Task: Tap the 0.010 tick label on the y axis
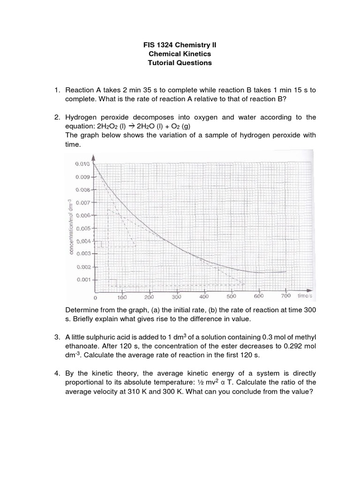82,165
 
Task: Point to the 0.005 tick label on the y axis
82,229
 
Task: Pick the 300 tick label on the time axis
177,297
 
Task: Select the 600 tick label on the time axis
259,296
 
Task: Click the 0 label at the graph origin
95,298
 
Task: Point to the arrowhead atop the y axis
94,158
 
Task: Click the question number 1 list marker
57,90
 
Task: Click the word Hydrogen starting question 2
81,117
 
